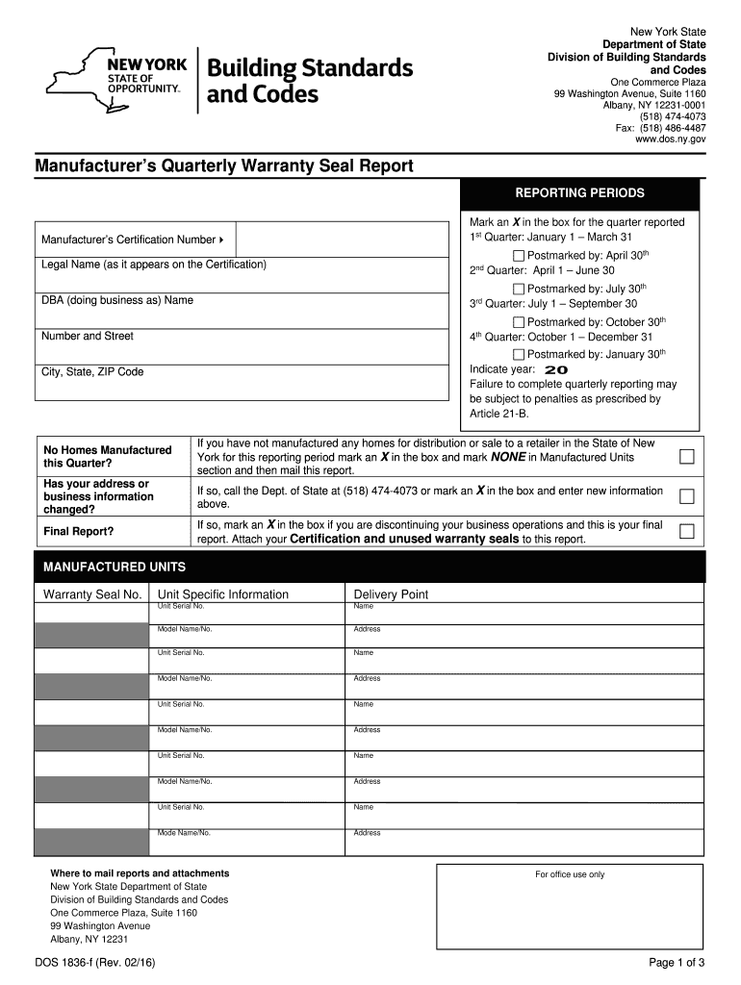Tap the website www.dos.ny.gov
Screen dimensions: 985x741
[670, 139]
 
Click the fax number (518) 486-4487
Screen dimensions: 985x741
[660, 127]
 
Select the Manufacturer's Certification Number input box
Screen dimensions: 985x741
[342, 239]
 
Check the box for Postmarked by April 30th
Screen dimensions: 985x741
[519, 256]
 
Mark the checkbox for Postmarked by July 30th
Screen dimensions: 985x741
[519, 290]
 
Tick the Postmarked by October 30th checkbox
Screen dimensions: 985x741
[519, 322]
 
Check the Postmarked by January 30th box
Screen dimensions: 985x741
[519, 355]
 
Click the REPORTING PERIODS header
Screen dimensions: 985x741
[580, 193]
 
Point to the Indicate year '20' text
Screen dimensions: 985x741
[556, 369]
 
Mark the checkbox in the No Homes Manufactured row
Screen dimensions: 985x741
[686, 457]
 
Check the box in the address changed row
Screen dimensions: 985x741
[686, 497]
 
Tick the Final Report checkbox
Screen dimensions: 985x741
[686, 531]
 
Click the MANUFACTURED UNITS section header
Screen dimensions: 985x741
[115, 567]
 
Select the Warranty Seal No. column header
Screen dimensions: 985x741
[92, 594]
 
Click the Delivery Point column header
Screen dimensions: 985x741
[391, 594]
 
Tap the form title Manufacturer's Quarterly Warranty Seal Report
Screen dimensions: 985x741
[224, 166]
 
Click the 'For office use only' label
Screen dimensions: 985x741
[570, 874]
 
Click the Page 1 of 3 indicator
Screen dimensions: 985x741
[677, 963]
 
